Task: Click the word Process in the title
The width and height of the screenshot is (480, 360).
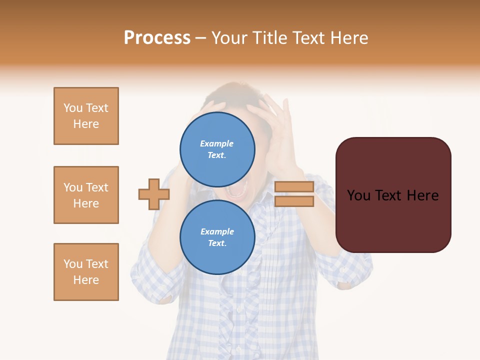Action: pyautogui.click(x=157, y=38)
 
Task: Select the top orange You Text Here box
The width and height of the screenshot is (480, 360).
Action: pyautogui.click(x=86, y=116)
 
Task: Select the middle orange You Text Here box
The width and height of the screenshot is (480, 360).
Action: pyautogui.click(x=86, y=195)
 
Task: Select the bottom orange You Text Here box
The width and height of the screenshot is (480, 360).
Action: pyautogui.click(x=86, y=272)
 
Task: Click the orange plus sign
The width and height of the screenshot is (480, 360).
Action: pyautogui.click(x=154, y=194)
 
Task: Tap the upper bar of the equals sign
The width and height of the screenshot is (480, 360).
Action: pyautogui.click(x=294, y=186)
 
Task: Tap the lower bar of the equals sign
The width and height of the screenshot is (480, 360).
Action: pyautogui.click(x=294, y=201)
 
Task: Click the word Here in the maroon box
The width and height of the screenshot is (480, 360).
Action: pyautogui.click(x=423, y=195)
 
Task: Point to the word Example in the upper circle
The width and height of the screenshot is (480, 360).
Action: pyautogui.click(x=217, y=143)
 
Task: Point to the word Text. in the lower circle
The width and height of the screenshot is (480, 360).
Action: pyautogui.click(x=217, y=243)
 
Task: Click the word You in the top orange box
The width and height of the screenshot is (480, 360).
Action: pyautogui.click(x=73, y=108)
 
